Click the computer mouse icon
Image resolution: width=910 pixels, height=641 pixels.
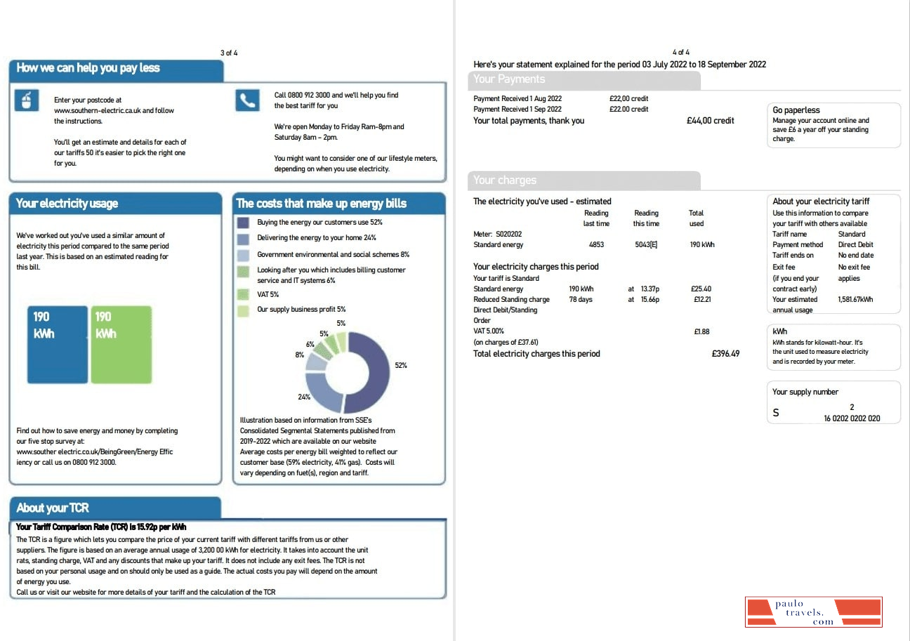pos(27,100)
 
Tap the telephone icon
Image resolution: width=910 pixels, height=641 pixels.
pos(247,100)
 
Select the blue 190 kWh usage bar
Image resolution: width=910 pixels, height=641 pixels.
pos(58,344)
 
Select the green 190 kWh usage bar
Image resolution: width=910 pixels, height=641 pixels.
pos(121,344)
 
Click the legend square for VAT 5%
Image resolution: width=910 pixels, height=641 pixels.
pos(243,295)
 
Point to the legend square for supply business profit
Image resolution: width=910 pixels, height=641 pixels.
pos(243,310)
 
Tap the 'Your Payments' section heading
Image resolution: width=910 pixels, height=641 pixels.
pos(509,79)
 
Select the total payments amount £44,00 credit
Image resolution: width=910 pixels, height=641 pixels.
pos(710,121)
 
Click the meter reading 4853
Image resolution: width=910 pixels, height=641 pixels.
pos(596,245)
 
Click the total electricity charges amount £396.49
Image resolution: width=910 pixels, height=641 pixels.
pos(725,354)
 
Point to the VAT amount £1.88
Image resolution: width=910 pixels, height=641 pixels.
pos(701,331)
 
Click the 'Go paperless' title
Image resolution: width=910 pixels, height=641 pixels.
pos(796,110)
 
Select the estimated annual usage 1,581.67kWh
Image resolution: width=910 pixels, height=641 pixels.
pos(855,300)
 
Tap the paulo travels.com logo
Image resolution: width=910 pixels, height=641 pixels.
pos(813,612)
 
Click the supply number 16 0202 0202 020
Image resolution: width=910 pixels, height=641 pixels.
pos(852,418)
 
